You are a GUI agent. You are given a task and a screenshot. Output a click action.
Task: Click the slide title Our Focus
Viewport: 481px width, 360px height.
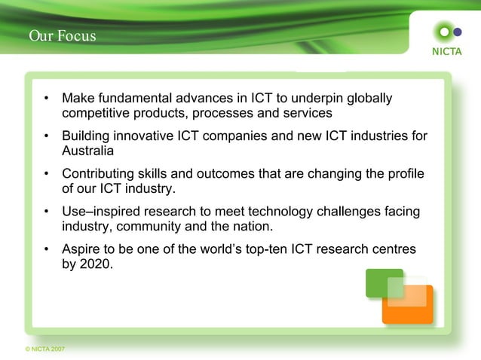tap(63, 35)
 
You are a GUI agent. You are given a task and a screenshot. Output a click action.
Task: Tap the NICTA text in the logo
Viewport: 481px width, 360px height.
tap(446, 51)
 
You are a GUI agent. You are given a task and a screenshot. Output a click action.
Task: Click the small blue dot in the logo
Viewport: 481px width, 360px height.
tap(457, 32)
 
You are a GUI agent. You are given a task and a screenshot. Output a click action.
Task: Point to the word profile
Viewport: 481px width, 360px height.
tap(405, 174)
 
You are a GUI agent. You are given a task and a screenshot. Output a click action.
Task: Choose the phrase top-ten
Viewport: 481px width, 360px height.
tap(269, 249)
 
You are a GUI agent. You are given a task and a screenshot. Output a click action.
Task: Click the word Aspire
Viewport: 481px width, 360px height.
tap(81, 249)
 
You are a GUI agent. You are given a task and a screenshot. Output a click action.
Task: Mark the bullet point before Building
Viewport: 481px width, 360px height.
tap(47, 136)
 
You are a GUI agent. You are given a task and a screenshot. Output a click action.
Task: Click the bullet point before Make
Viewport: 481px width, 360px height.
tap(47, 99)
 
